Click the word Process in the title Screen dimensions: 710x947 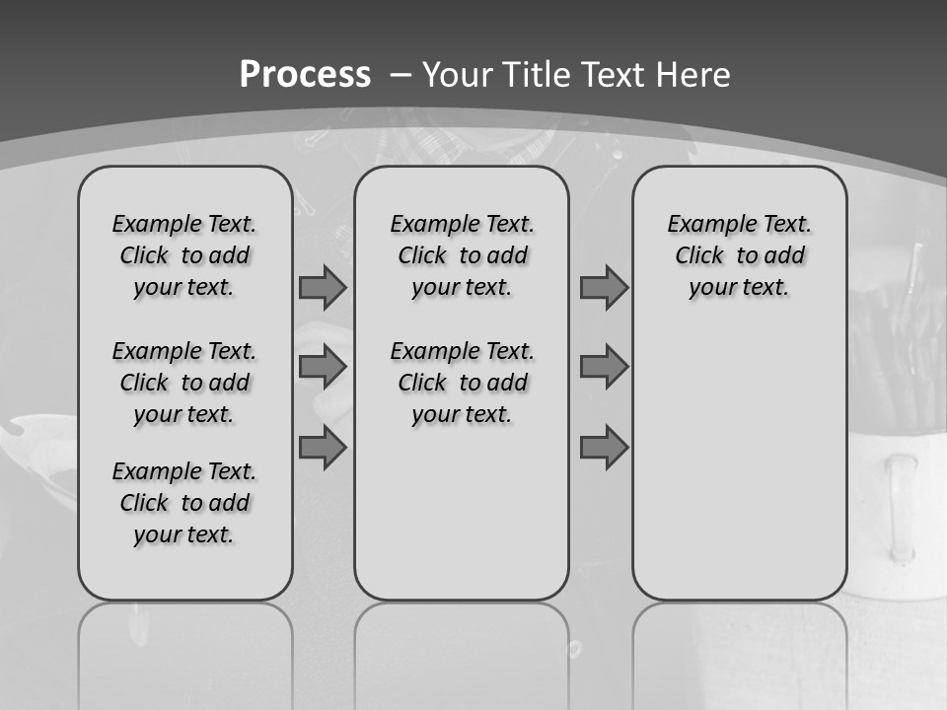[x=305, y=75]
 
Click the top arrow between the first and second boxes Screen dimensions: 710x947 [x=323, y=288]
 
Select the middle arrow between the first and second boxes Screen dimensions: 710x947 [x=323, y=367]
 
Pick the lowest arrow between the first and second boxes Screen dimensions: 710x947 [x=323, y=448]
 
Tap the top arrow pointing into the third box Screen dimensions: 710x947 [x=604, y=288]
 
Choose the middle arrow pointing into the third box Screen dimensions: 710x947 [x=604, y=367]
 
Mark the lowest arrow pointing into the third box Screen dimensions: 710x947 [x=604, y=448]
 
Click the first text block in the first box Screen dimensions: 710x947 [x=184, y=255]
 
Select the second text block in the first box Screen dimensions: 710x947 [x=184, y=383]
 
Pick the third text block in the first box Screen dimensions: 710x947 [x=184, y=503]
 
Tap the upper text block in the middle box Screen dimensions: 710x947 [x=462, y=255]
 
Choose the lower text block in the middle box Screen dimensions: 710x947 [x=462, y=383]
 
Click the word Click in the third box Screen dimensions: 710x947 [x=699, y=256]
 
